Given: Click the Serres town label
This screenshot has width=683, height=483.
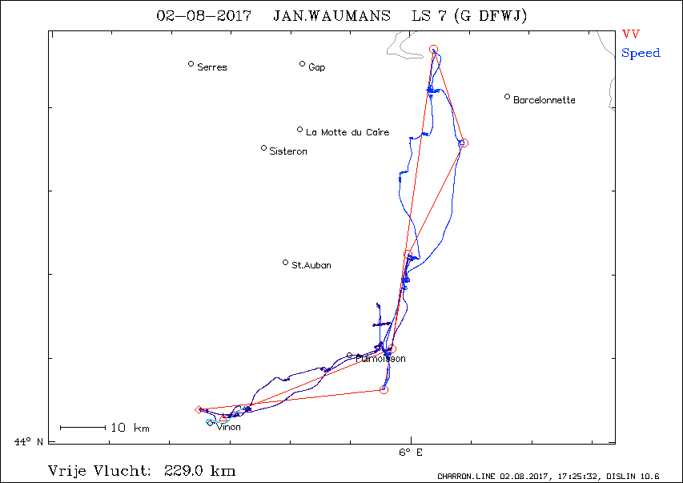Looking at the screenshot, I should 211,67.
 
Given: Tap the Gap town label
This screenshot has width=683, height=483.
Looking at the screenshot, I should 316,67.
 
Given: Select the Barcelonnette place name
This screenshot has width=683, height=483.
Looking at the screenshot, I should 544,100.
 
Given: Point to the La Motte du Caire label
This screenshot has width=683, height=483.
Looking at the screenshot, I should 348,132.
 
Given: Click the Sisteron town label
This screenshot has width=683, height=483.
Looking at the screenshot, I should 287,151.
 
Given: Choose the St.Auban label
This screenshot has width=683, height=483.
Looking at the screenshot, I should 311,265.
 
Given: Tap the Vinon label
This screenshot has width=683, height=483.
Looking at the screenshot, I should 228,427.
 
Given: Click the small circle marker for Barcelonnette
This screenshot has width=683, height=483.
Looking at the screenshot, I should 507,97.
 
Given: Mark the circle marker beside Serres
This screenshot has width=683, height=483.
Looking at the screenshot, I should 191,64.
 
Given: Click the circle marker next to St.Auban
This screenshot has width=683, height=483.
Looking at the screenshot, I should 285,262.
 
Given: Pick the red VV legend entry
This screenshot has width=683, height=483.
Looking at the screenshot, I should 630,34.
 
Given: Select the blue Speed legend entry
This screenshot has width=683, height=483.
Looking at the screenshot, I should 641,53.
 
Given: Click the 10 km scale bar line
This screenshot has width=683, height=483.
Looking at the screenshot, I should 82,428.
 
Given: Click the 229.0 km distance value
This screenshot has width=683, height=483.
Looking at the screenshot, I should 199,470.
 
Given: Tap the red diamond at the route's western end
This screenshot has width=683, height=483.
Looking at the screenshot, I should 199,410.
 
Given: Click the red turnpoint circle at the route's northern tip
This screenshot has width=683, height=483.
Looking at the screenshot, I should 434,50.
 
